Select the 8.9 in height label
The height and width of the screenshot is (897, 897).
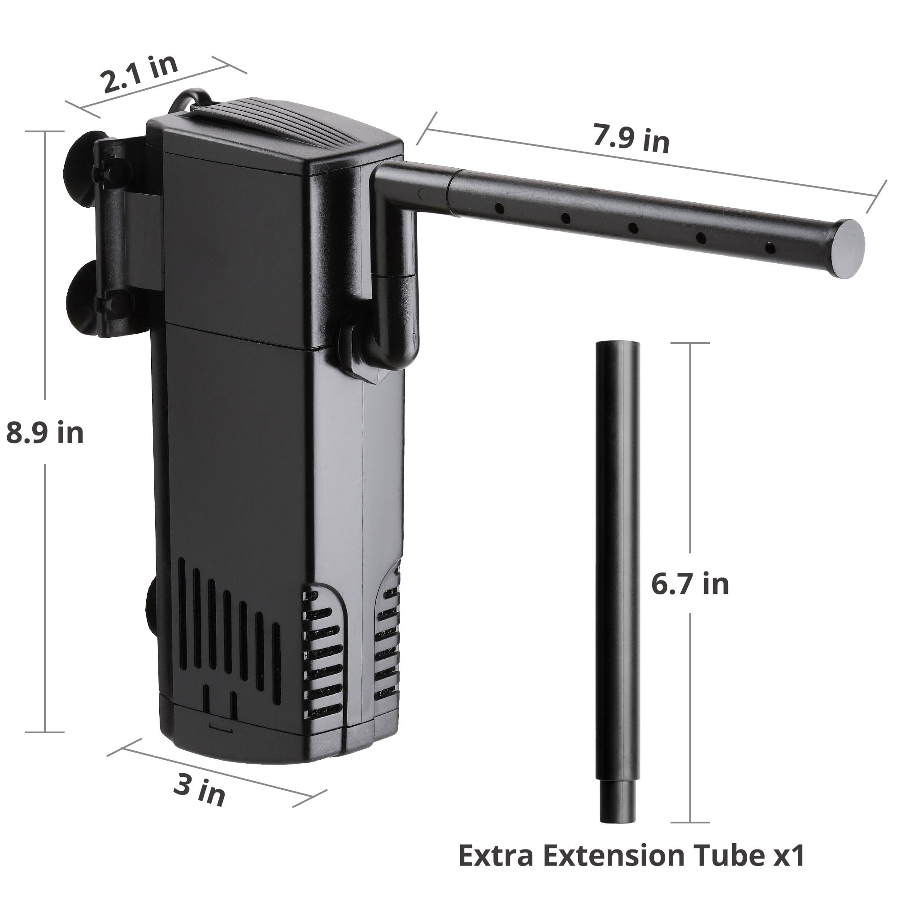pos(44,432)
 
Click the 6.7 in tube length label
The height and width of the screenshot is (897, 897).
pos(689,584)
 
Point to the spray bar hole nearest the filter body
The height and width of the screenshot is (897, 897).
pos(499,209)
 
